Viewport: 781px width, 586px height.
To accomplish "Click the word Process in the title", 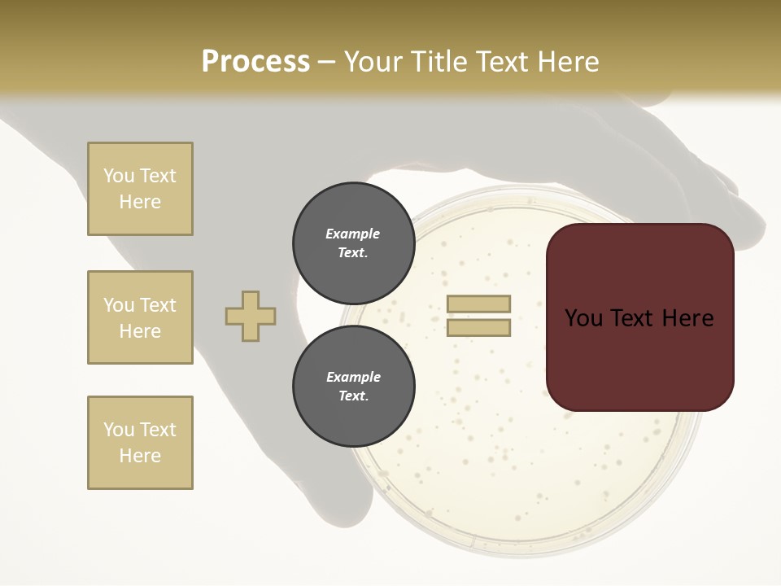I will click(255, 62).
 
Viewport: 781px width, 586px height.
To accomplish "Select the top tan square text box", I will click(140, 189).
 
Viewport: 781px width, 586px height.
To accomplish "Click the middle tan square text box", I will click(140, 317).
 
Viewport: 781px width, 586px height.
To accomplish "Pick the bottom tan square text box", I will click(140, 443).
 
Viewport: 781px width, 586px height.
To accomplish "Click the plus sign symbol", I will click(251, 316).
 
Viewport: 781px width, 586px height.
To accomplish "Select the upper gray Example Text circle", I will click(353, 243).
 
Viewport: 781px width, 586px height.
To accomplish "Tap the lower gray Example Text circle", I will click(353, 387).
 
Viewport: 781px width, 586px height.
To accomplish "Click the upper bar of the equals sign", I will click(478, 304).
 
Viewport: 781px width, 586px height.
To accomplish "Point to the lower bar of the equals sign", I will click(478, 328).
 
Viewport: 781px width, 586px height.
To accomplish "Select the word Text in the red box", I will click(639, 318).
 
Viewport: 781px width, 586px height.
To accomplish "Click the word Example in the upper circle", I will click(353, 234).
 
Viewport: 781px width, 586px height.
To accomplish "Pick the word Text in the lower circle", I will click(353, 396).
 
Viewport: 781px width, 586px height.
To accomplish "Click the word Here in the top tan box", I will click(140, 202).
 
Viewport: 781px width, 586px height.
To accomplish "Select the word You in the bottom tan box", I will click(119, 430).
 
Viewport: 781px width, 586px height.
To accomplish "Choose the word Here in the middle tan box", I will click(140, 331).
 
